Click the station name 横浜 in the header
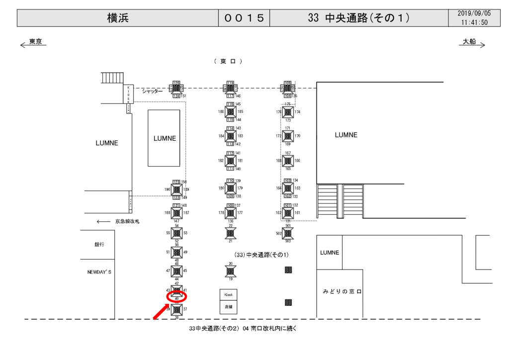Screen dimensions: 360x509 [117, 18]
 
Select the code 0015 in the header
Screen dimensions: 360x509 [244, 18]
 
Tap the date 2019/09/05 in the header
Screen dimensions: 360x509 [474, 14]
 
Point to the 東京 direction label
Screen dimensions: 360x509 [35, 42]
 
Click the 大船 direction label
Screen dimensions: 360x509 [469, 42]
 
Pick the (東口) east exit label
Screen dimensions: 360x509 [228, 61]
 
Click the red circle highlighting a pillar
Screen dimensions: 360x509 [176, 297]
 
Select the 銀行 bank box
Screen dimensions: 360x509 [99, 245]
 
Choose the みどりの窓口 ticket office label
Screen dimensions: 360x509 [342, 291]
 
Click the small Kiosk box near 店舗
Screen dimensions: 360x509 [229, 295]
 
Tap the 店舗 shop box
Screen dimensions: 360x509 [229, 307]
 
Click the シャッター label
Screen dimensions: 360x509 [152, 91]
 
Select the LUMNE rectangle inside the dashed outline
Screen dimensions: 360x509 [164, 138]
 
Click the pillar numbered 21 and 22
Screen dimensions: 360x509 [230, 233]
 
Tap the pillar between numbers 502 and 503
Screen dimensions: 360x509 [288, 233]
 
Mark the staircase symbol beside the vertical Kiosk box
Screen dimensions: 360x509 [112, 78]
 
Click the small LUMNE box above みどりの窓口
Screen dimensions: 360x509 [330, 253]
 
